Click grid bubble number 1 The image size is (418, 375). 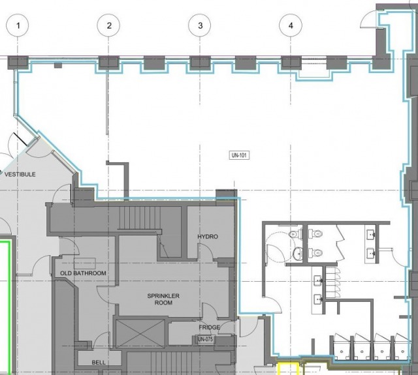[x=18, y=25]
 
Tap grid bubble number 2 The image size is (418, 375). [x=108, y=25]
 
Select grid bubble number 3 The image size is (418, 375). [x=200, y=25]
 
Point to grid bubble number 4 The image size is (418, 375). [x=291, y=25]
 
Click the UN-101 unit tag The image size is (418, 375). [x=239, y=155]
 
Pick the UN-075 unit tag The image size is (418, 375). [x=205, y=339]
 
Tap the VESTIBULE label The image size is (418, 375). [x=20, y=174]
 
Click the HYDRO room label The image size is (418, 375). [x=208, y=237]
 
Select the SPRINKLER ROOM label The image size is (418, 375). [x=163, y=299]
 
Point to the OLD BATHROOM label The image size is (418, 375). [x=83, y=273]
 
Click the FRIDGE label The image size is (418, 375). [x=209, y=327]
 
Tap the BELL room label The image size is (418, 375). [x=99, y=362]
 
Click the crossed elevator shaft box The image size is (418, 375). [x=140, y=333]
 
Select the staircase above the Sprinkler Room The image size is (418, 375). [x=139, y=218]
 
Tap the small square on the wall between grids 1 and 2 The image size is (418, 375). [x=58, y=65]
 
